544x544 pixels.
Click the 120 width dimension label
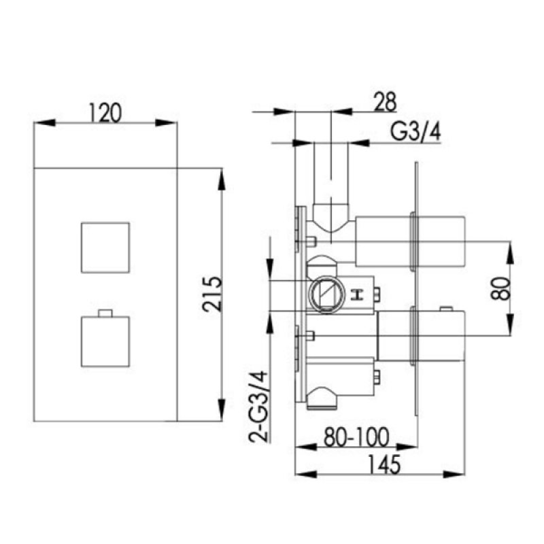[105, 113]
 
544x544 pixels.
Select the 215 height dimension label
[211, 294]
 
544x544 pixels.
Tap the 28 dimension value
[384, 101]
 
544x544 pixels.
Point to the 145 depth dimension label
[384, 464]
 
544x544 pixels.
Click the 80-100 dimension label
[356, 437]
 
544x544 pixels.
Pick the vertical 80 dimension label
[501, 288]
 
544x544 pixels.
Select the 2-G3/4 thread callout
[259, 406]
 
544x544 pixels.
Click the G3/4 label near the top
[415, 132]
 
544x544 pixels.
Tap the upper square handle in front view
[105, 248]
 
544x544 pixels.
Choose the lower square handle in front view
[105, 341]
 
